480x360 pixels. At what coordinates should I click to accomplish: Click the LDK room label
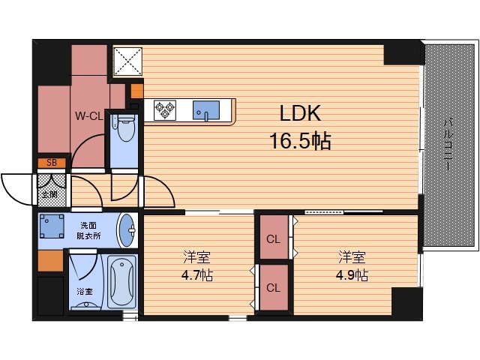pyautogui.click(x=300, y=113)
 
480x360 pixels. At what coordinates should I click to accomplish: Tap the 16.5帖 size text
pyautogui.click(x=300, y=141)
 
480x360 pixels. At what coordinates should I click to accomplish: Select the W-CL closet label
pyautogui.click(x=89, y=116)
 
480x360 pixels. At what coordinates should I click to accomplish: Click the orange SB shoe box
pyautogui.click(x=52, y=163)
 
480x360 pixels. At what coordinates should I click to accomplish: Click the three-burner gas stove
pyautogui.click(x=165, y=110)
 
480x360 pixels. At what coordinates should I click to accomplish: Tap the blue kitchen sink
pyautogui.click(x=206, y=110)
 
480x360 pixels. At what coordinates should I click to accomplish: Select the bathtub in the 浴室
pyautogui.click(x=121, y=281)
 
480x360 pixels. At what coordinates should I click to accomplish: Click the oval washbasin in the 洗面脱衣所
pyautogui.click(x=127, y=230)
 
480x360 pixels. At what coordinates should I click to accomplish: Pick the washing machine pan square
pyautogui.click(x=52, y=226)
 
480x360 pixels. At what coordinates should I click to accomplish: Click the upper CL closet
pyautogui.click(x=274, y=237)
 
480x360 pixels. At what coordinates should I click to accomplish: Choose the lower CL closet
pyautogui.click(x=274, y=287)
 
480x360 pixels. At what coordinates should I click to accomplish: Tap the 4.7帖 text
pyautogui.click(x=197, y=276)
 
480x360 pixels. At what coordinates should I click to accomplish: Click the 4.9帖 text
pyautogui.click(x=352, y=275)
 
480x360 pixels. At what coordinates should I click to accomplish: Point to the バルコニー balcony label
pyautogui.click(x=448, y=145)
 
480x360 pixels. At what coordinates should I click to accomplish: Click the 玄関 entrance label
pyautogui.click(x=50, y=194)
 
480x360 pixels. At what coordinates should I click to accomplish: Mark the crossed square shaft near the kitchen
pyautogui.click(x=128, y=61)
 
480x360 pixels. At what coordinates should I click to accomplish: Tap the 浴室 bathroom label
pyautogui.click(x=85, y=292)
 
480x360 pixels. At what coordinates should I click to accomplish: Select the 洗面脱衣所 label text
pyautogui.click(x=88, y=231)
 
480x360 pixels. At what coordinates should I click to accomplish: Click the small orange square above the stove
pyautogui.click(x=136, y=91)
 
